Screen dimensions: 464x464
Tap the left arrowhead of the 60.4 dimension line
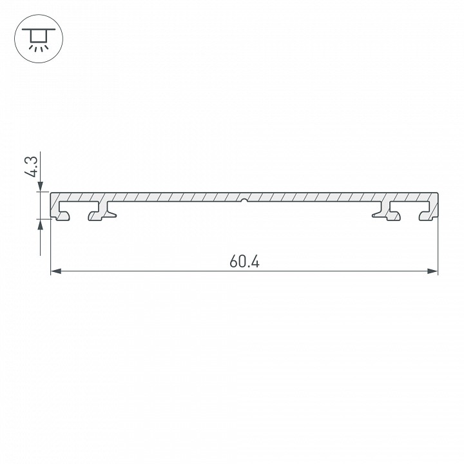click(55, 272)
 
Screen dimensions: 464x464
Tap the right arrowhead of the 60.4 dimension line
click(433, 272)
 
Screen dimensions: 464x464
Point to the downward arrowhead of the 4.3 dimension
click(41, 187)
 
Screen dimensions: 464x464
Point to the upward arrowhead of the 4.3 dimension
click(41, 224)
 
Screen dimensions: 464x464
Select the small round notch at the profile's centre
click(244, 200)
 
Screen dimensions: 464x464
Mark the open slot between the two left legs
click(80, 210)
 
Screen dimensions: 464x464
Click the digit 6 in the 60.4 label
click(233, 262)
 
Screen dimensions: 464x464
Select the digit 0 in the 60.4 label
click(241, 262)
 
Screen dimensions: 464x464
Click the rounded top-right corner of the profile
click(436, 193)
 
